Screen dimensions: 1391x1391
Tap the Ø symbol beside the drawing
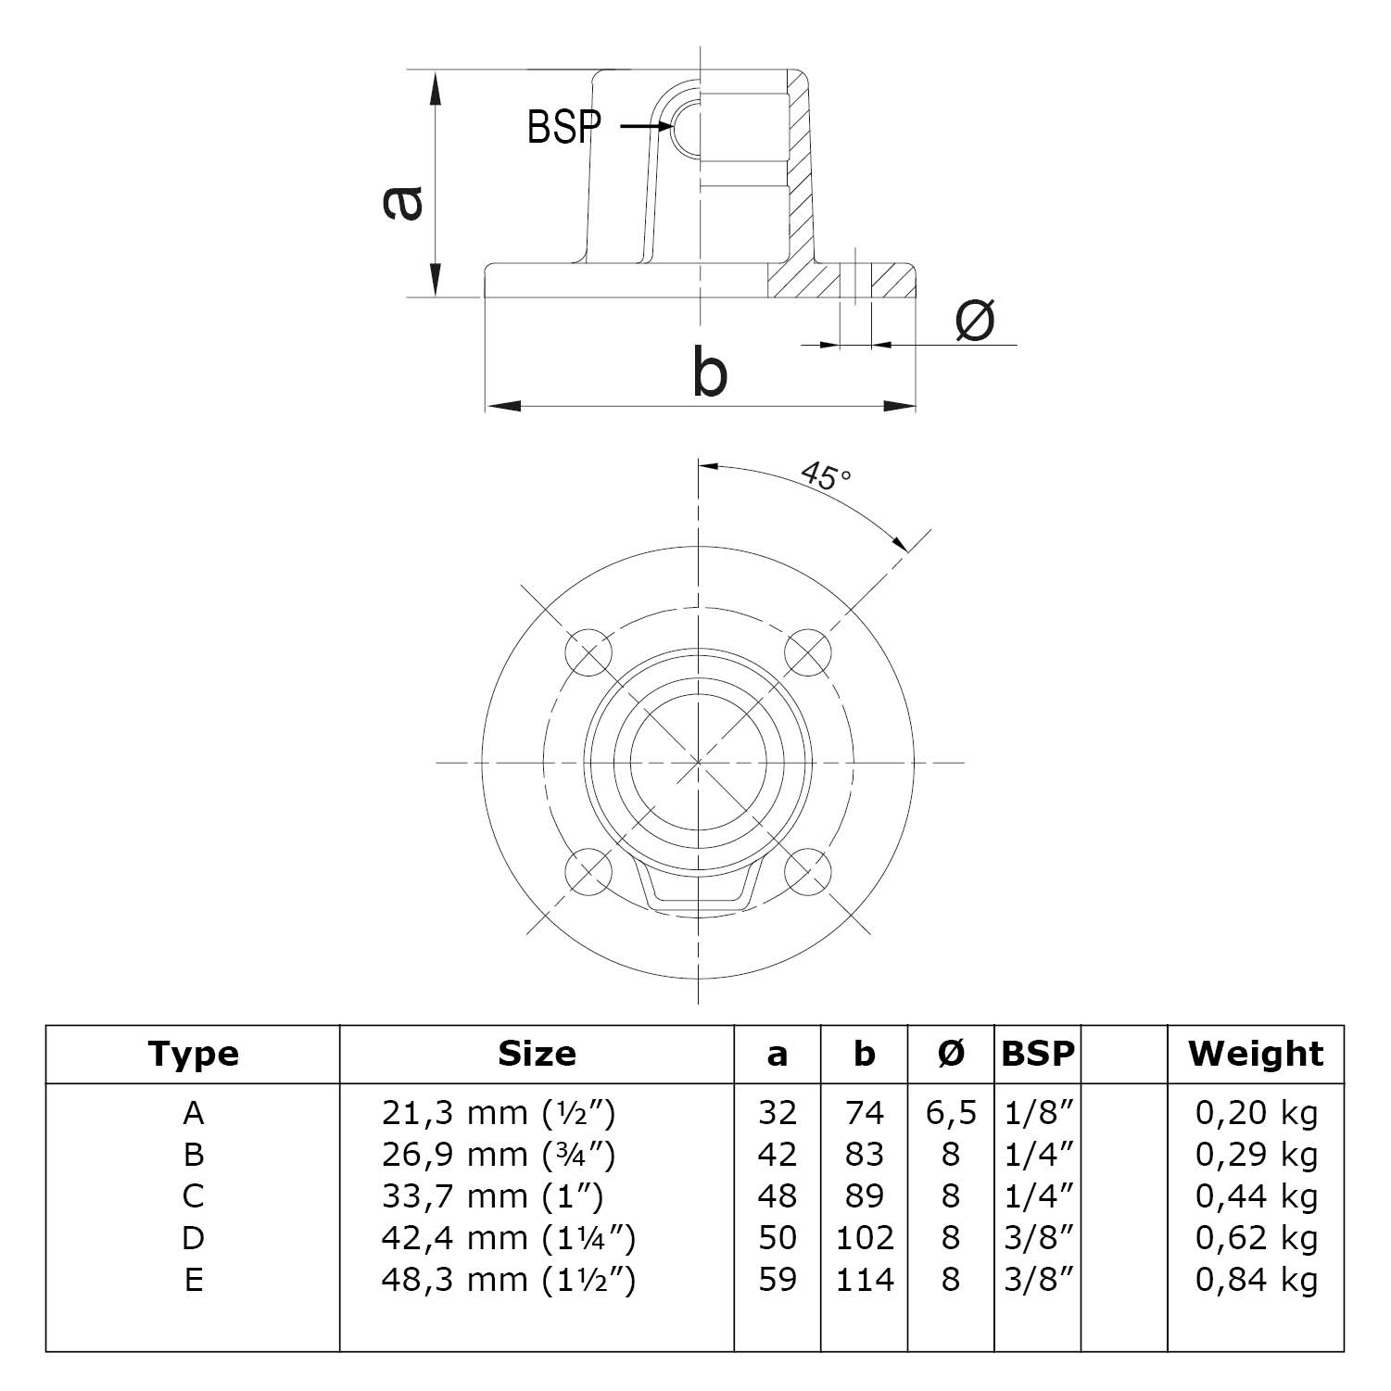[x=974, y=321]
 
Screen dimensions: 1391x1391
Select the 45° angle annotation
[x=825, y=476]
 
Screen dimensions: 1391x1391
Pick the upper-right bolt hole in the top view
[x=807, y=653]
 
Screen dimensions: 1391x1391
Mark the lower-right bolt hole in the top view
[x=807, y=872]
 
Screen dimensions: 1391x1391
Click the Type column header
[x=193, y=1054]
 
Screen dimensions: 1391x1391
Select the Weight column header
[x=1256, y=1054]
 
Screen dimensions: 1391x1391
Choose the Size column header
[x=537, y=1054]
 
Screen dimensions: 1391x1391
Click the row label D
[x=193, y=1237]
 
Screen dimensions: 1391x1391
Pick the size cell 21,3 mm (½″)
[x=499, y=1112]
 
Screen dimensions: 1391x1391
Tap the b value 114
[x=864, y=1279]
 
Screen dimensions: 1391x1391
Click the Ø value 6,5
[x=951, y=1112]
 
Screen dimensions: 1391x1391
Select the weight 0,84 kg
[x=1256, y=1279]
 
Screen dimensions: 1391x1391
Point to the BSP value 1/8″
[x=1038, y=1112]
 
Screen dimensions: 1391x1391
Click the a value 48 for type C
[x=777, y=1195]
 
